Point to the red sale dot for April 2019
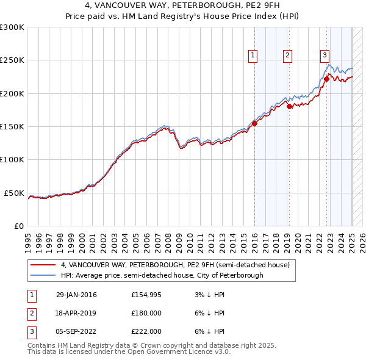point(289,107)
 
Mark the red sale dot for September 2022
point(326,79)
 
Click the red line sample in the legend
point(43,265)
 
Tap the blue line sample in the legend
point(43,275)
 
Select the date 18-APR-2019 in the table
point(76,313)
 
